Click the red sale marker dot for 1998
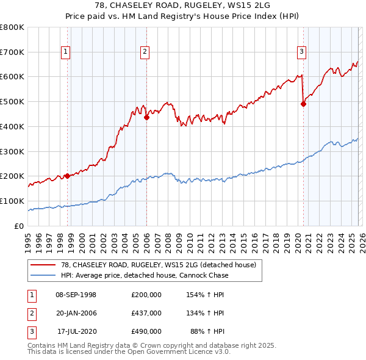(66, 176)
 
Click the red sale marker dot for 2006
(146, 118)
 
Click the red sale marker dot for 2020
(303, 104)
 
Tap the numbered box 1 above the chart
(65, 52)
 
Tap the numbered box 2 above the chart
(145, 52)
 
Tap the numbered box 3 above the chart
(301, 52)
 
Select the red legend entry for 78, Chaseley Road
(162, 265)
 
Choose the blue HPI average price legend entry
(145, 275)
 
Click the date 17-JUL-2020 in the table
(76, 331)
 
